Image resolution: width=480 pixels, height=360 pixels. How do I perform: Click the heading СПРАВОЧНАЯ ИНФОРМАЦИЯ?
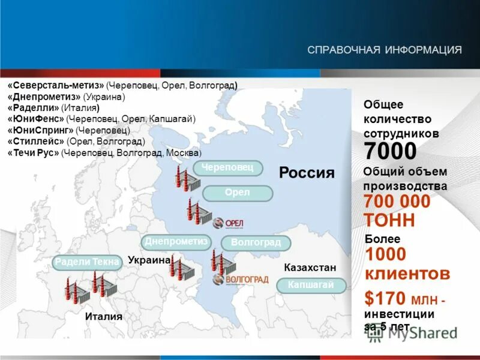(x=385, y=49)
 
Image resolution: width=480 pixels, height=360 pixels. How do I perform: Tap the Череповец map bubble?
(x=228, y=168)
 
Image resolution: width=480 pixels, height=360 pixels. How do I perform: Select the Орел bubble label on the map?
(x=238, y=193)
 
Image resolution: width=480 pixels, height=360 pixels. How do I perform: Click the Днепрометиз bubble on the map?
(x=176, y=242)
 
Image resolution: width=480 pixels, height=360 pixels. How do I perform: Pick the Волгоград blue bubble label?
(x=256, y=243)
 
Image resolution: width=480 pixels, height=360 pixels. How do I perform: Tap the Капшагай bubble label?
(x=311, y=285)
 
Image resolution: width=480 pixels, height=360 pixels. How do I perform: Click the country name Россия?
(x=307, y=173)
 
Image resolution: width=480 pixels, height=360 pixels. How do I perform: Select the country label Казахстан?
(x=310, y=267)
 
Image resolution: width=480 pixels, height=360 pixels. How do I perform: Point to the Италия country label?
(x=103, y=317)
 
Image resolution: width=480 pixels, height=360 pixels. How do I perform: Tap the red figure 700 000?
(x=397, y=202)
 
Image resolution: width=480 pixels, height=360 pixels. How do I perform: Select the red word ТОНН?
(x=389, y=220)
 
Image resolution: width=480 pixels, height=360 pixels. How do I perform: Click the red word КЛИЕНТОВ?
(x=407, y=274)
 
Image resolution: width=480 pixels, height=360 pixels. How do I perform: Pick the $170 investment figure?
(x=384, y=298)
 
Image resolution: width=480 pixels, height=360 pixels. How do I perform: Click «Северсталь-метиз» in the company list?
(x=56, y=86)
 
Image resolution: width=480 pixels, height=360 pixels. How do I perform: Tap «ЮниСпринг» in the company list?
(x=40, y=130)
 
